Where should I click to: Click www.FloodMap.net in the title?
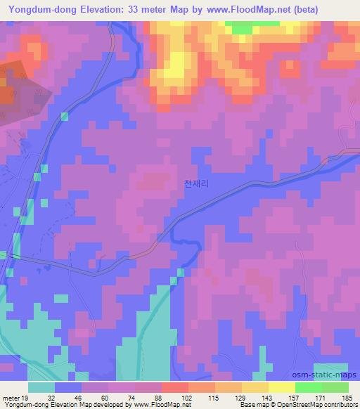click(x=238, y=10)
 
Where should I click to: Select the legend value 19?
click(x=26, y=398)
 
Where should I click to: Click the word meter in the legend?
click(x=10, y=398)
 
